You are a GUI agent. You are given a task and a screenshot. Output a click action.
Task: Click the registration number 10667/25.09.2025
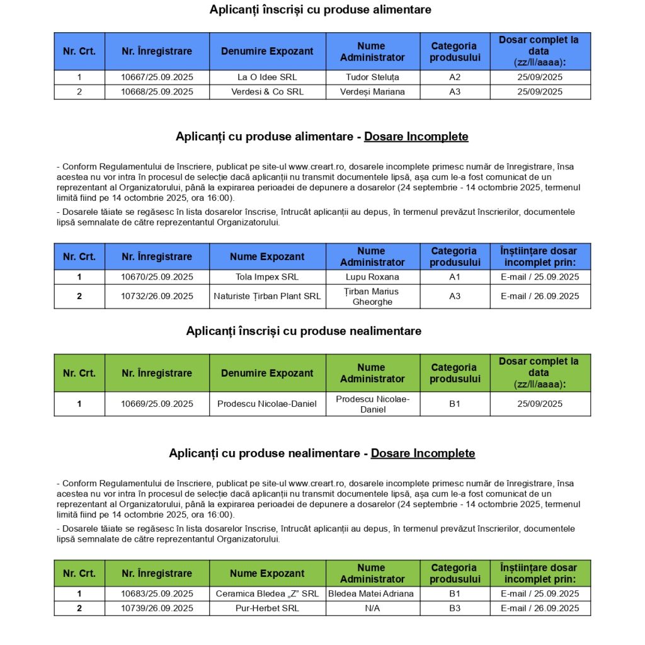(157, 77)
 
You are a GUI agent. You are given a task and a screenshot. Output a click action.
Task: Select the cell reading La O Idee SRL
(267, 77)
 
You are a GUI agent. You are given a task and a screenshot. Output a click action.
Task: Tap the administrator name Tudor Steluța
(372, 77)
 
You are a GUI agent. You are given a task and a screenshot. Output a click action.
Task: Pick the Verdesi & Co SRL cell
(267, 92)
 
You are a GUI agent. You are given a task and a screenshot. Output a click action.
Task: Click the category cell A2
(455, 77)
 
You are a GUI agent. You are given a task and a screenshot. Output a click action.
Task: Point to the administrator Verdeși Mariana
(372, 92)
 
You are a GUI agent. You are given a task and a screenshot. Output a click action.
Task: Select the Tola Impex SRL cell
(267, 277)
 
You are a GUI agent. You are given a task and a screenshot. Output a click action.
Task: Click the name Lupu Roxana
(372, 277)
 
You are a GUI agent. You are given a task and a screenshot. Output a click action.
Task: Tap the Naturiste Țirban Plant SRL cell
(267, 297)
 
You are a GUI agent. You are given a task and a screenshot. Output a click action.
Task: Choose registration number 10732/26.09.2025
(157, 297)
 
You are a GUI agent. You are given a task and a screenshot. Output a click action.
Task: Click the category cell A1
(455, 277)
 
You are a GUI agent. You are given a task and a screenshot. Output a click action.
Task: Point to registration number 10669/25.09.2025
(157, 404)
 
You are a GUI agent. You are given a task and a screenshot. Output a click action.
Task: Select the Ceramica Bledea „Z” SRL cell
(267, 594)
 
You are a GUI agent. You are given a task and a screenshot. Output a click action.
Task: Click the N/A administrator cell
(372, 608)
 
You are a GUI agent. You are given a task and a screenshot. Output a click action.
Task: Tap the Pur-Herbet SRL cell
(267, 608)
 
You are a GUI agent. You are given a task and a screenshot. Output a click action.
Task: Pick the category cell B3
(455, 608)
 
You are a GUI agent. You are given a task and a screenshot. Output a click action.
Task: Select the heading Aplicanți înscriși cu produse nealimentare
(304, 331)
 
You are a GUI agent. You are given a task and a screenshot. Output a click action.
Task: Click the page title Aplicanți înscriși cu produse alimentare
(321, 10)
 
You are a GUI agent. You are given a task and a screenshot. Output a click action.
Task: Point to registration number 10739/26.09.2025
(157, 608)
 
